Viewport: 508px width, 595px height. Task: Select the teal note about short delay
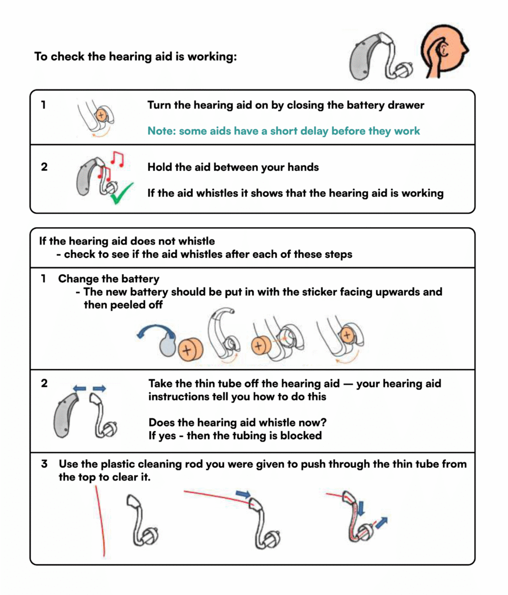pos(283,131)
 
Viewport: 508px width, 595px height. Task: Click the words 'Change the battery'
pos(109,278)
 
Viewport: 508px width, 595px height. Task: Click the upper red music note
pos(118,158)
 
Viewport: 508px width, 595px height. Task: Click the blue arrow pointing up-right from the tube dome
pos(380,523)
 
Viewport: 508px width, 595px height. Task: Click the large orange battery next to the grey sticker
pos(188,351)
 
